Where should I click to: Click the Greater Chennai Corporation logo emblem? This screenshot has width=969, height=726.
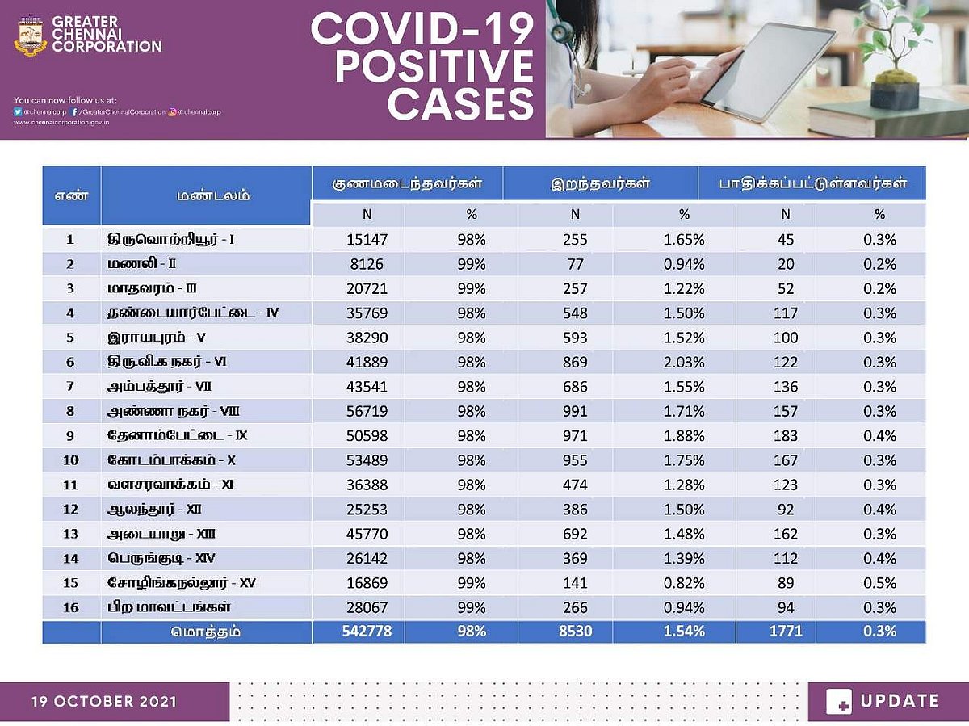(31, 35)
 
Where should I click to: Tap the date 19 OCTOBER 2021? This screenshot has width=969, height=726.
(104, 701)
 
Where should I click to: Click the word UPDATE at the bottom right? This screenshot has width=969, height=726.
(900, 701)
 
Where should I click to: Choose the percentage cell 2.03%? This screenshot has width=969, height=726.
(683, 363)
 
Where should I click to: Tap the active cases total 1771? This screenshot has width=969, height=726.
(786, 631)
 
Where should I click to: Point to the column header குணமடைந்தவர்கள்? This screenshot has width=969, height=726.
(407, 183)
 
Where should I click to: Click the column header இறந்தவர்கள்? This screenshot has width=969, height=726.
(600, 183)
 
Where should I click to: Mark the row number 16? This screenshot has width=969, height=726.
(70, 607)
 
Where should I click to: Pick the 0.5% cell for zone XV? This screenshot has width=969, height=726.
(879, 583)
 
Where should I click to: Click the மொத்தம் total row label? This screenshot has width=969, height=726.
(205, 632)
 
